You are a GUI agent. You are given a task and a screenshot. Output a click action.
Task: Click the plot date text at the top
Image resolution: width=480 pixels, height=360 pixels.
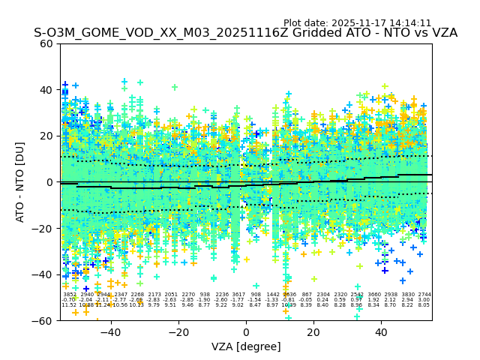tap(357, 23)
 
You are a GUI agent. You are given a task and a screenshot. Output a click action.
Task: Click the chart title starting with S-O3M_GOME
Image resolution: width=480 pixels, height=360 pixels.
tap(245, 34)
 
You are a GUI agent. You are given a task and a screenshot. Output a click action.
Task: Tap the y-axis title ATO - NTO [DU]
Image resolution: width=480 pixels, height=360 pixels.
tap(20, 181)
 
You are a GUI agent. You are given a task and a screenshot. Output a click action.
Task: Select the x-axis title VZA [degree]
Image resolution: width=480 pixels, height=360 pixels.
tap(246, 346)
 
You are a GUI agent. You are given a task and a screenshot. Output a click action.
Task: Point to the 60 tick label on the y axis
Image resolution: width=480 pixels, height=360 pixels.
tap(46, 43)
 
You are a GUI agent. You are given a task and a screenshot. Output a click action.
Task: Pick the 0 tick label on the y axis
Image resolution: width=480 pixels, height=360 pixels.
tap(50, 182)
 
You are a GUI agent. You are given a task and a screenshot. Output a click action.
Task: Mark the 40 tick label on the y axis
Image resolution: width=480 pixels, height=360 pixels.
tap(46, 90)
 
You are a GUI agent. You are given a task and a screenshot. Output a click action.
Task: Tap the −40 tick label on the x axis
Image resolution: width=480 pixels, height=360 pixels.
tap(110, 332)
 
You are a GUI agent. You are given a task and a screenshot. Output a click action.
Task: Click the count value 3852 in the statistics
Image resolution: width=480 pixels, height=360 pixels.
tap(69, 295)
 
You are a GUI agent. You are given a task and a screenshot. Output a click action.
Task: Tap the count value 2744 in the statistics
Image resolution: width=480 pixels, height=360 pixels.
tap(424, 295)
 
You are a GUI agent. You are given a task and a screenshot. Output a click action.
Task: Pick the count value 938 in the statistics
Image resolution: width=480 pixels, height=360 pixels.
tap(205, 295)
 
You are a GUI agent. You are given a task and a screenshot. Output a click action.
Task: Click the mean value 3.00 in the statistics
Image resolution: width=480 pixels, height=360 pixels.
tap(424, 300)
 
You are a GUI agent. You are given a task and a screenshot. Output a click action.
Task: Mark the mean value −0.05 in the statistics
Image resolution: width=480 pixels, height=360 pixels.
tap(306, 300)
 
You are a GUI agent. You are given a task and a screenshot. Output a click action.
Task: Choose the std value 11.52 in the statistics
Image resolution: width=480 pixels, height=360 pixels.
tap(69, 305)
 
